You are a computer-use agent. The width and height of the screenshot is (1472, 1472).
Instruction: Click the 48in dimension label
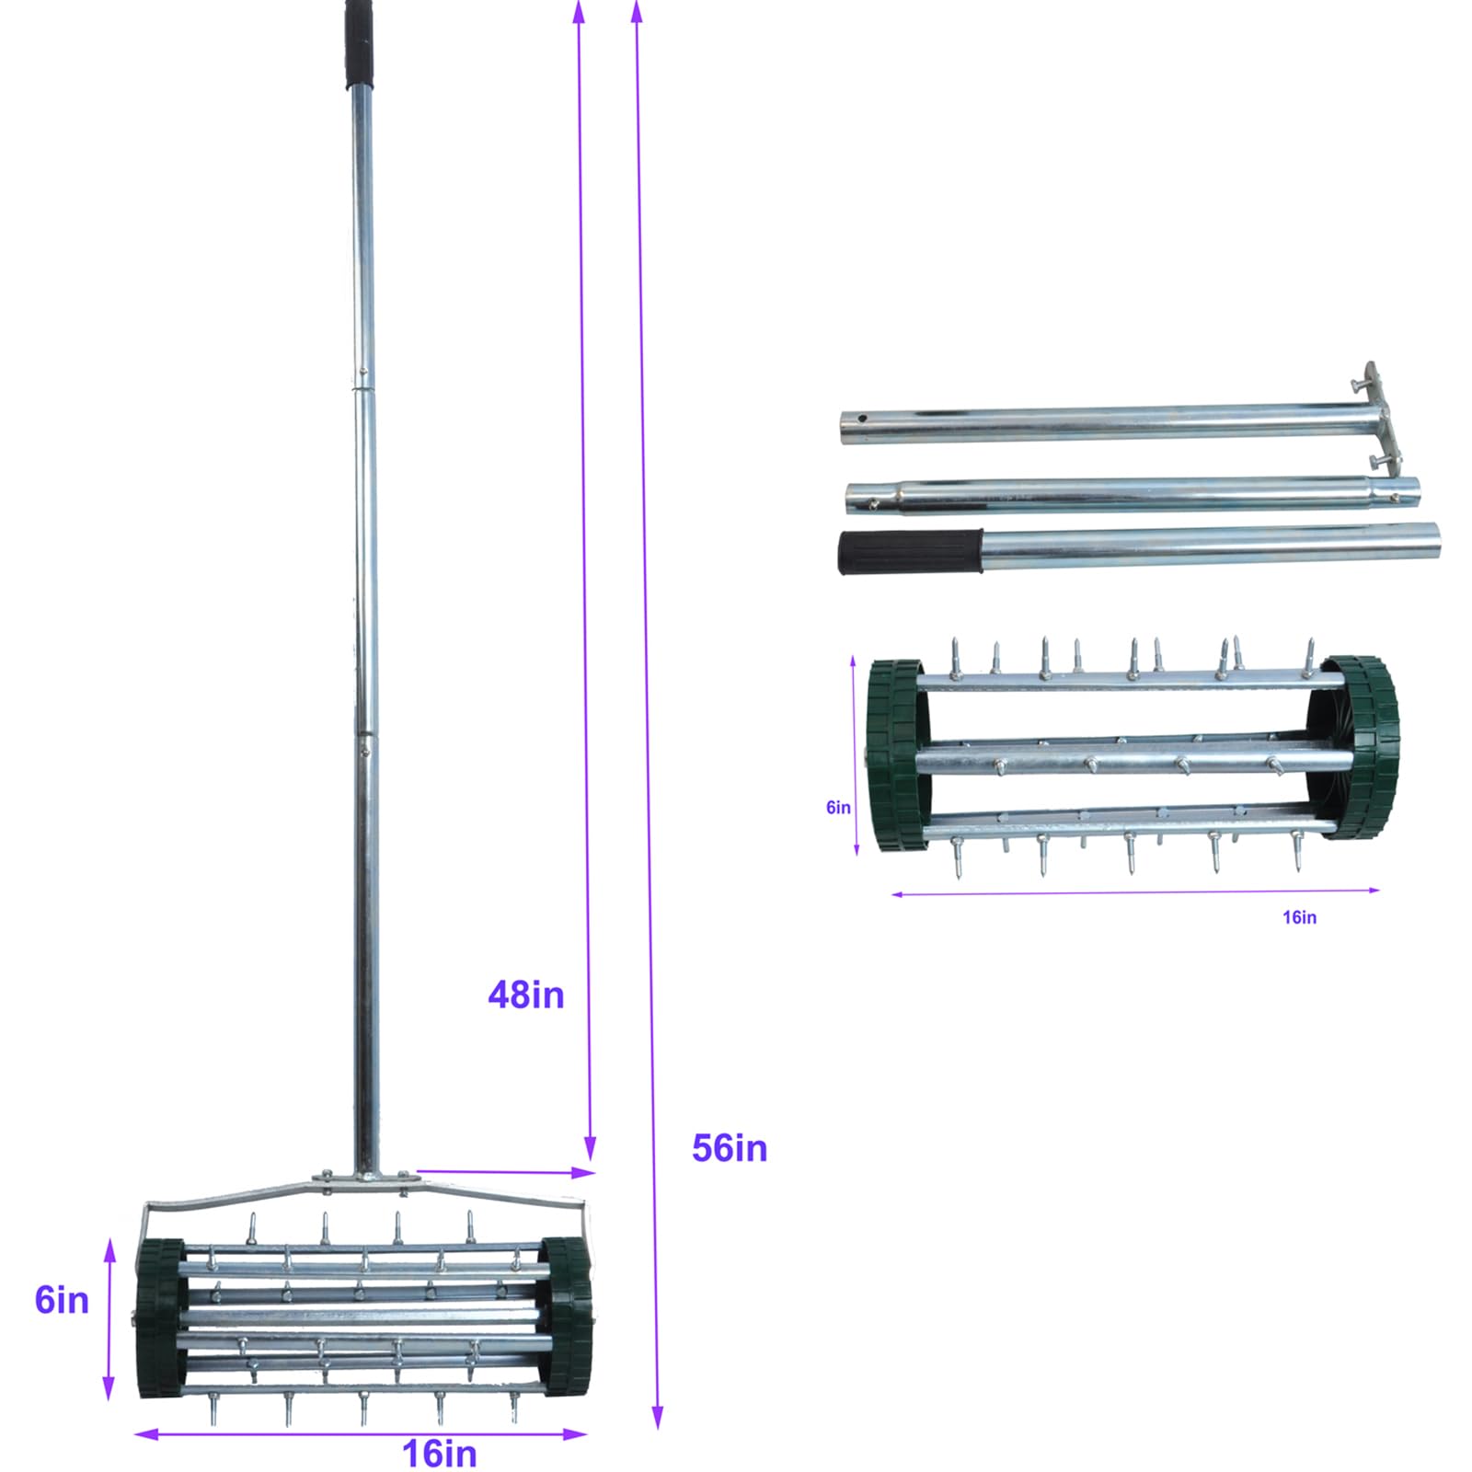click(525, 995)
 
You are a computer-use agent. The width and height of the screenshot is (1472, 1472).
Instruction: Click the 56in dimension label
click(729, 1148)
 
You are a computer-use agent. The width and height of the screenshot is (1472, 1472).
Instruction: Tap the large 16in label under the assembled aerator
click(440, 1454)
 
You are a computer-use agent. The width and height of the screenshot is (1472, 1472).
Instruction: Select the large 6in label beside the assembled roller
click(62, 1300)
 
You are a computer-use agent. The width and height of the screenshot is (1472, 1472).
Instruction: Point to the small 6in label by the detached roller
click(838, 807)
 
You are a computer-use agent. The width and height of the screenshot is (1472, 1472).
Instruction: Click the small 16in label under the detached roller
click(1299, 917)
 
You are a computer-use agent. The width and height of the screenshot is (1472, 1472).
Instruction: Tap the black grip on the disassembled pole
click(910, 551)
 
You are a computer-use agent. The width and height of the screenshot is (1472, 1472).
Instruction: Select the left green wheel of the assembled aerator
click(160, 1317)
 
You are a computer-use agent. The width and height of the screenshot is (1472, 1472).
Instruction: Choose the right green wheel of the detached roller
click(1362, 747)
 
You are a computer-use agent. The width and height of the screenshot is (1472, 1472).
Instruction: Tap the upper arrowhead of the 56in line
click(636, 11)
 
